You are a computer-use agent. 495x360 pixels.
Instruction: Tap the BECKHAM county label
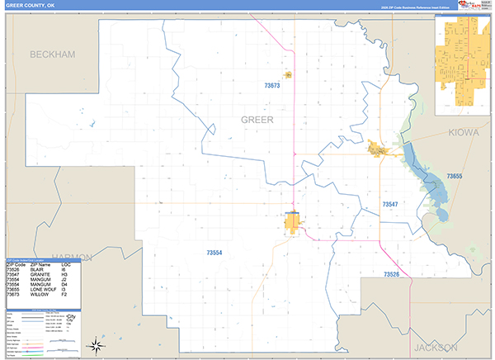pyautogui.click(x=52, y=54)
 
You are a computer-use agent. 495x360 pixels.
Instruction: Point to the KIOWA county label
pyautogui.click(x=464, y=133)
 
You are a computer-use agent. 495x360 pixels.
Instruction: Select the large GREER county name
pyautogui.click(x=257, y=120)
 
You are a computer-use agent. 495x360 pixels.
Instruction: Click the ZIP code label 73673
pyautogui.click(x=272, y=85)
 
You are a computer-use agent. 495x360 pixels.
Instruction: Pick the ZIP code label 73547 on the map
pyautogui.click(x=390, y=203)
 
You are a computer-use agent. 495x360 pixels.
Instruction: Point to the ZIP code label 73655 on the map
pyautogui.click(x=455, y=176)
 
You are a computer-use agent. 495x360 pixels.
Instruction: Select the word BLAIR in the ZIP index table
pyautogui.click(x=37, y=270)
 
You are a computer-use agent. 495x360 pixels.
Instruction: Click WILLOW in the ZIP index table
pyautogui.click(x=38, y=295)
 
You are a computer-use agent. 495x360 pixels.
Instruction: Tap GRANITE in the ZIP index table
pyautogui.click(x=39, y=275)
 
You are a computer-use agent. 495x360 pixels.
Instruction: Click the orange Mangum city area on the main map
pyautogui.click(x=292, y=223)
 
